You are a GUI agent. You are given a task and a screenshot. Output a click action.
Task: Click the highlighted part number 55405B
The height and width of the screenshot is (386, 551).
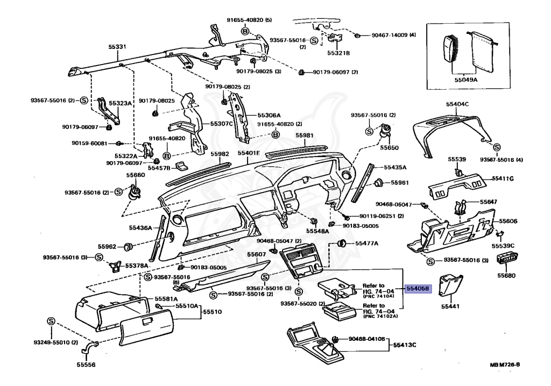418,289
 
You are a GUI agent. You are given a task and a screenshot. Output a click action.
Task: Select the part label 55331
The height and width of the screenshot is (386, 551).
117,47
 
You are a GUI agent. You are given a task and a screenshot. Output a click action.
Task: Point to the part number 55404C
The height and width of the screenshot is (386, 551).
457,104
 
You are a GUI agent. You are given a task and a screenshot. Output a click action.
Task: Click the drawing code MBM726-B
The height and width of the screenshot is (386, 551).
504,365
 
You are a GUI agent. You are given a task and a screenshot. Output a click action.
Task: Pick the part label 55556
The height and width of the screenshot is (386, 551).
86,365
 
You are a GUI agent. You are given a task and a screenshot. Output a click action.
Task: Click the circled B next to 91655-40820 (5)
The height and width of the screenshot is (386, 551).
245,32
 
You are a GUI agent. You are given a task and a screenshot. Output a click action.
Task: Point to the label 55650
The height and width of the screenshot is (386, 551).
389,147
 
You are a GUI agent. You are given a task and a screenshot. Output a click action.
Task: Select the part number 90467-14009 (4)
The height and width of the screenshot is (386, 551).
394,35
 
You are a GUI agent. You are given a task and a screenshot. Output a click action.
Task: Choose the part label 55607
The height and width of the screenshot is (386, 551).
257,254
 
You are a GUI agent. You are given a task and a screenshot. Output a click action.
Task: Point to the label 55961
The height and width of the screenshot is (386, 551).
400,183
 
